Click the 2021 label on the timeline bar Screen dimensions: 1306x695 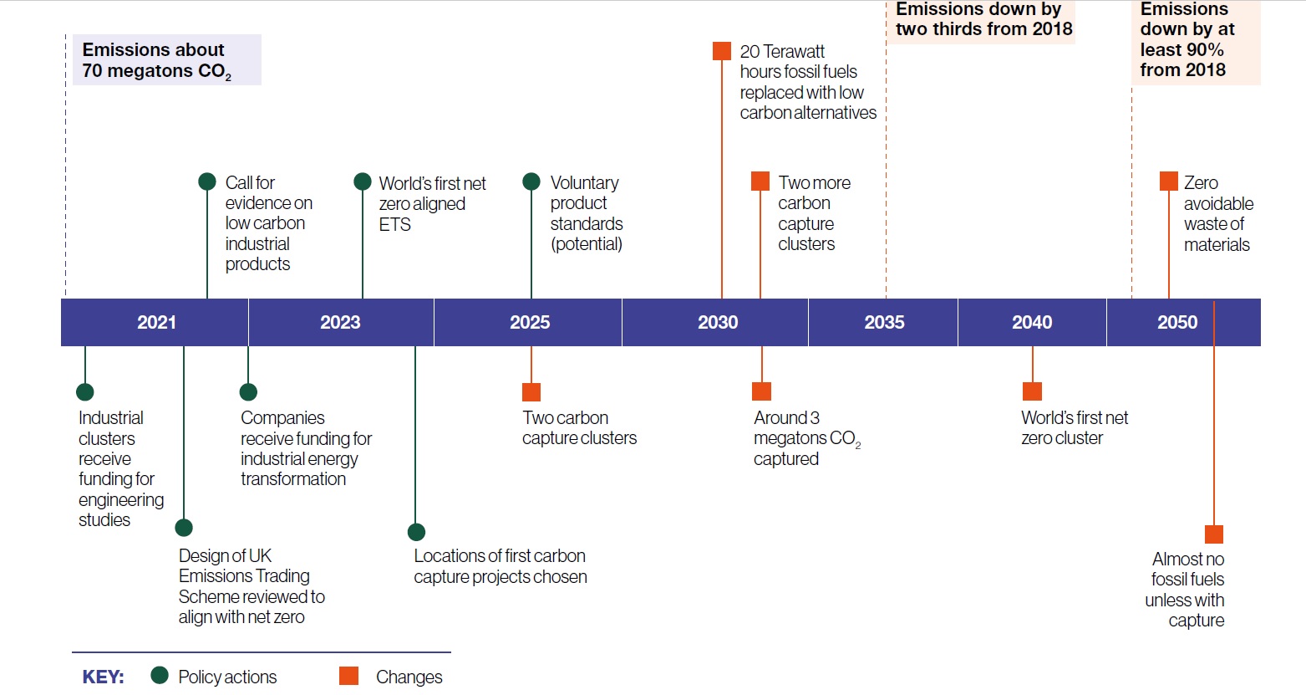tap(156, 322)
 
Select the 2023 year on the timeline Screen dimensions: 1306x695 tap(340, 322)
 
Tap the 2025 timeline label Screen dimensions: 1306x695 tap(530, 322)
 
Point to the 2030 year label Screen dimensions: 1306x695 tap(718, 322)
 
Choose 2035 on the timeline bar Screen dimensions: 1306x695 tap(884, 322)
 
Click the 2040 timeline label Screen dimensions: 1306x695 tap(1032, 322)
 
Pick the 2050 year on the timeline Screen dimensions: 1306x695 tap(1177, 322)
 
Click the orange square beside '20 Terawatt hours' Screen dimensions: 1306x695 tap(722, 51)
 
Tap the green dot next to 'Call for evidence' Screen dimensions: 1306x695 tap(207, 181)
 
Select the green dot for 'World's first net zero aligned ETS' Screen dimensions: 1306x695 tap(363, 181)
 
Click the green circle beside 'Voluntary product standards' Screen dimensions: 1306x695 tap(531, 181)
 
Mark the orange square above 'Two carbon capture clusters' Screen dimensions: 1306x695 tap(531, 392)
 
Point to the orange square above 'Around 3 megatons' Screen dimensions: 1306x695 tap(761, 391)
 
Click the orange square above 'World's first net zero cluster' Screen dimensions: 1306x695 tap(1032, 391)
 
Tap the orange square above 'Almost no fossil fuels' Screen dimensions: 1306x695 tap(1214, 534)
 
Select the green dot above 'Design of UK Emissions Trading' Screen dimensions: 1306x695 tap(184, 528)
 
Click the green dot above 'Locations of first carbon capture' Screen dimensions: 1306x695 tap(416, 532)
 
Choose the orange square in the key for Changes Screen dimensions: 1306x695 tap(348, 676)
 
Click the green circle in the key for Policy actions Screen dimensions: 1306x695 tap(159, 676)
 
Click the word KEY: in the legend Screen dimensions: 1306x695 tap(104, 677)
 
